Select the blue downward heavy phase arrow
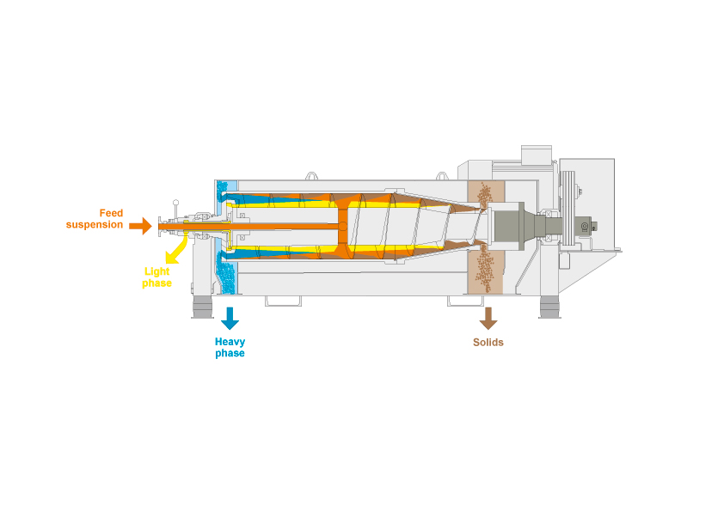pos(230,318)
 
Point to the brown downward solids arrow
pos(488,318)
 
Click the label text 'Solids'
pos(488,343)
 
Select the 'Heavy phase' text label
pos(230,348)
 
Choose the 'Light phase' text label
pos(157,277)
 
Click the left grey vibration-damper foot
pos(202,307)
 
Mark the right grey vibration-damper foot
pos(549,307)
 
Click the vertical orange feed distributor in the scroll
pos(342,227)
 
